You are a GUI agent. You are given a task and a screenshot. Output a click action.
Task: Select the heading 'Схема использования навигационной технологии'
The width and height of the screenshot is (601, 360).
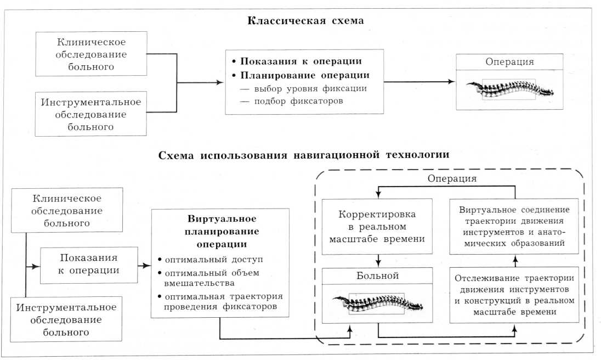tap(304, 155)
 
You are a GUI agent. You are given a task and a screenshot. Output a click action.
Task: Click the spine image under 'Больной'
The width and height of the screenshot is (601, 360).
tap(378, 302)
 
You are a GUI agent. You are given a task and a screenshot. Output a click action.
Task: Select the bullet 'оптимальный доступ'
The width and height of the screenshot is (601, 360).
tap(194, 258)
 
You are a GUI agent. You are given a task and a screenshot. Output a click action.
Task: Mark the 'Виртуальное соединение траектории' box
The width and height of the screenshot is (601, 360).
tap(514, 226)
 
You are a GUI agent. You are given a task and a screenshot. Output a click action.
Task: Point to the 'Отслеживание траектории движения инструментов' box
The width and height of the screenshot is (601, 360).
tap(514, 294)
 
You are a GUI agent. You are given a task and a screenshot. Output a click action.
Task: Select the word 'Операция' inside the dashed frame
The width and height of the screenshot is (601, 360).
tap(451, 179)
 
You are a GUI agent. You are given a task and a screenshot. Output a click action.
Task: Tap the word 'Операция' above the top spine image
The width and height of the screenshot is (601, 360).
tap(509, 61)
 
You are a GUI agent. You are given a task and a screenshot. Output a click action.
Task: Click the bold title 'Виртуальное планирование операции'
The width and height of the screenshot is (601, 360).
tap(220, 230)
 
